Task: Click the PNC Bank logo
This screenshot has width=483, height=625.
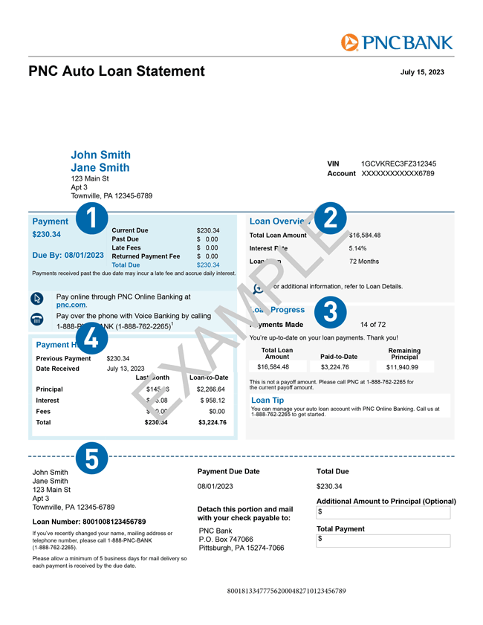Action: (x=396, y=42)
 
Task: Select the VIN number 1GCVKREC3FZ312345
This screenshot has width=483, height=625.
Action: (x=398, y=163)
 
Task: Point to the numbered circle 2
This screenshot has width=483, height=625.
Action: (x=331, y=218)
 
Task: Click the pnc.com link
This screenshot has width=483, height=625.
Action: (x=71, y=305)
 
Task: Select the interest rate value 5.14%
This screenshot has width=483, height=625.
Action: (x=358, y=248)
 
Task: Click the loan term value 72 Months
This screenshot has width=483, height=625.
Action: (x=364, y=262)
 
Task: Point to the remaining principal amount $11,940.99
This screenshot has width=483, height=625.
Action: (x=402, y=367)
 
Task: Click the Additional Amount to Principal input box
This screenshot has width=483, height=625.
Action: (x=383, y=513)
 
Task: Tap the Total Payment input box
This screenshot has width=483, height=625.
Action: (x=383, y=539)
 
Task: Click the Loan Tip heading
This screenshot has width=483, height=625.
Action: (x=268, y=400)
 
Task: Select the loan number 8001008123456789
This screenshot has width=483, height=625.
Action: (x=110, y=522)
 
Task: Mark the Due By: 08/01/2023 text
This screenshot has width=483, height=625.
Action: (x=68, y=255)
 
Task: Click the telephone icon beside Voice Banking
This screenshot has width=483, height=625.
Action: (x=38, y=319)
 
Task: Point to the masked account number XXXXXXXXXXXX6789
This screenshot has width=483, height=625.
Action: (x=398, y=174)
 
